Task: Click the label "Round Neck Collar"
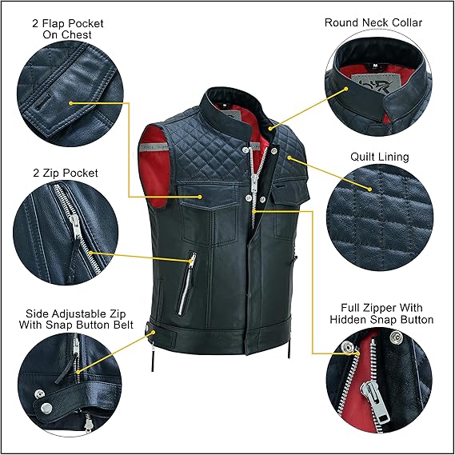coord(373,22)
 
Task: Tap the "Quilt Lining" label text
coord(380,157)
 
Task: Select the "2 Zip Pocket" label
coord(66,173)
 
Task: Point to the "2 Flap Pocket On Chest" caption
coord(68,29)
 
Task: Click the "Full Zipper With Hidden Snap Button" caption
coord(381,313)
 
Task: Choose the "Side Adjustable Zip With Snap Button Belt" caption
coord(76,319)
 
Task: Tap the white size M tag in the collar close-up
coord(375,66)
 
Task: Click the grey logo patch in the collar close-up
coord(374,82)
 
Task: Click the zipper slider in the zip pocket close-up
coord(75,226)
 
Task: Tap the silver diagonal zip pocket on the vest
coord(186,284)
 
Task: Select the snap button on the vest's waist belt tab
coord(147,329)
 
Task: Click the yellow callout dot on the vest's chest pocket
coord(200,197)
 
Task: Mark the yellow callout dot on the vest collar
coord(270,129)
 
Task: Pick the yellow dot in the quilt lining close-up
coord(369,190)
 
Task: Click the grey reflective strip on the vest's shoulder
coord(154,146)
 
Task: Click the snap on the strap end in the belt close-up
coord(46,409)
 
